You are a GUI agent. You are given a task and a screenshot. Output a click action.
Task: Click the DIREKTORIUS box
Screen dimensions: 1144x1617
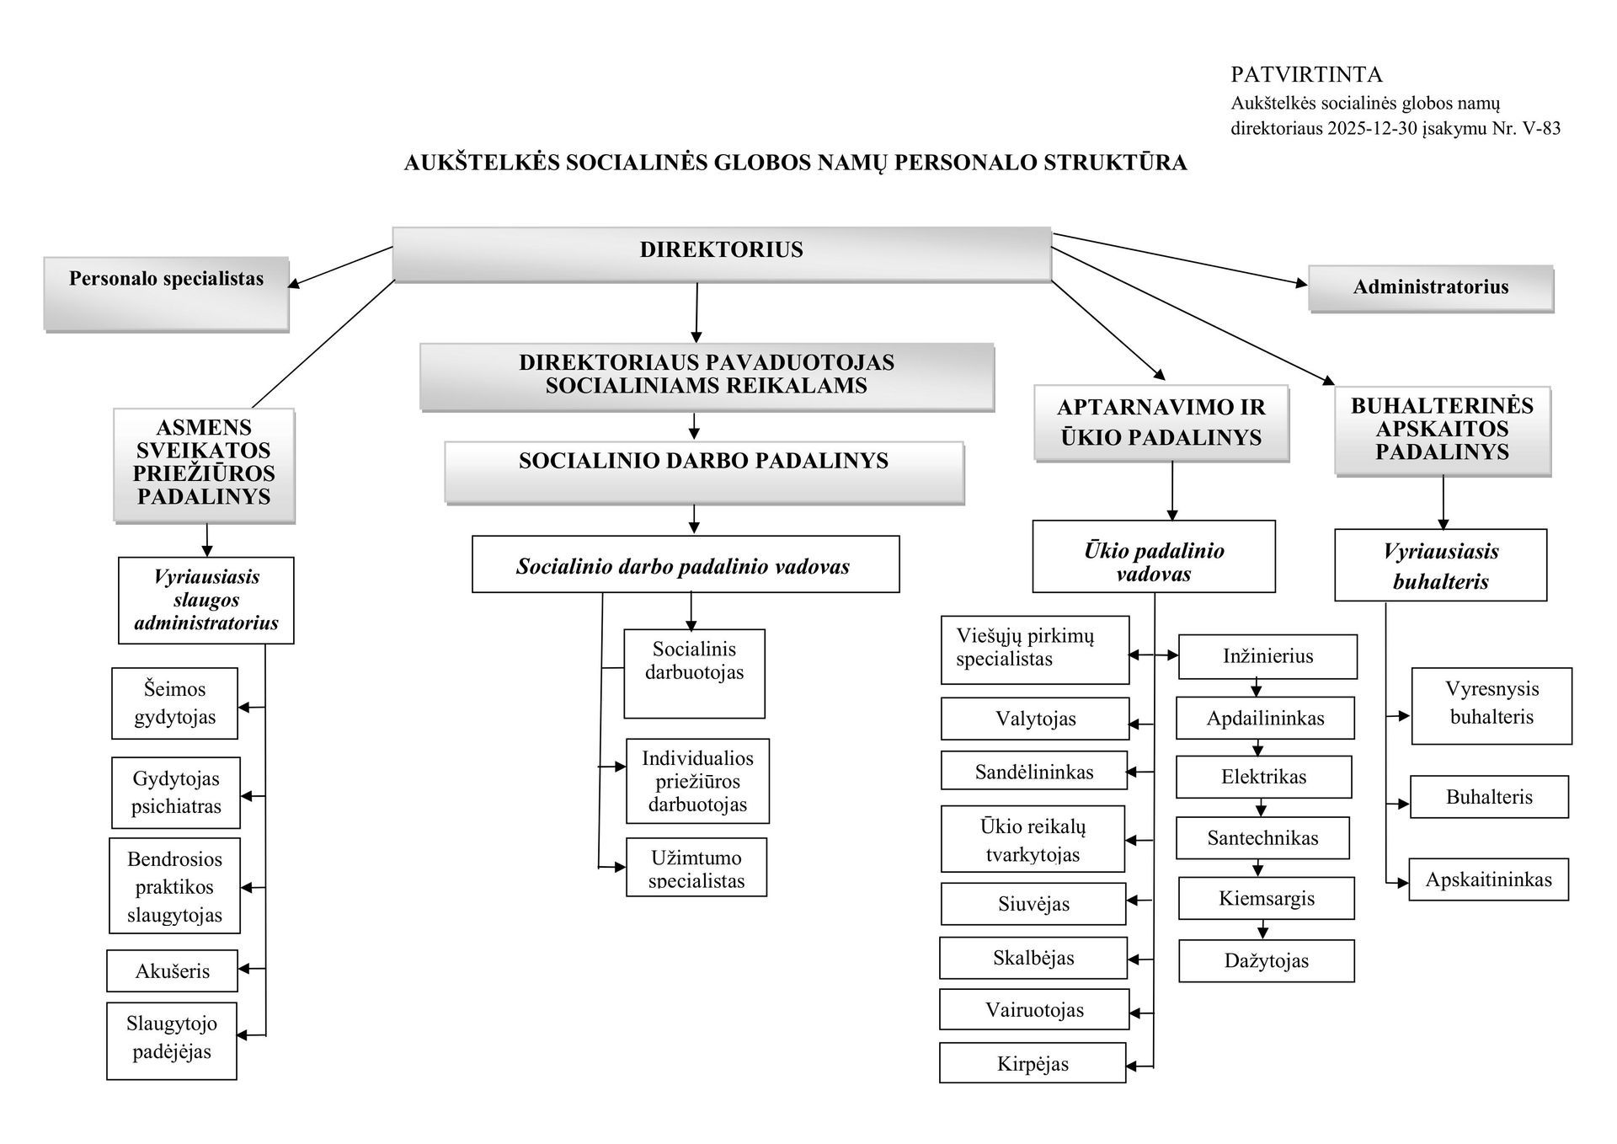722,253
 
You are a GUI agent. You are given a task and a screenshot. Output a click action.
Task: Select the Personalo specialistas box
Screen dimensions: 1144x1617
166,293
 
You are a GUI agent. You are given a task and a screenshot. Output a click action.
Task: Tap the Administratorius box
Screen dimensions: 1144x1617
1430,288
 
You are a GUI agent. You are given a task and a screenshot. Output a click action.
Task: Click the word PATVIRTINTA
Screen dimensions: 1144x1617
1306,75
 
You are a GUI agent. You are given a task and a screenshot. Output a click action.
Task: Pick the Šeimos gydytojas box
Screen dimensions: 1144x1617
174,703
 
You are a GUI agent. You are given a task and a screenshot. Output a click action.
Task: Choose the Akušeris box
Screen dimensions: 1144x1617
172,970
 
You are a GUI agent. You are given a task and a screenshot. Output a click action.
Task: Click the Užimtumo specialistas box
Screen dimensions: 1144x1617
696,867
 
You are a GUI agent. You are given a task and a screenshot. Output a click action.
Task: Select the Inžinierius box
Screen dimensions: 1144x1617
1267,656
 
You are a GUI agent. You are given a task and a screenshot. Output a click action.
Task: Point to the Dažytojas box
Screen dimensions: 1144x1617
1266,960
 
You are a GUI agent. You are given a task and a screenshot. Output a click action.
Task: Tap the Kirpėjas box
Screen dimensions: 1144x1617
1033,1063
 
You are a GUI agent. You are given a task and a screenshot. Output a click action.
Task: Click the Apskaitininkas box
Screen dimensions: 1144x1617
1488,879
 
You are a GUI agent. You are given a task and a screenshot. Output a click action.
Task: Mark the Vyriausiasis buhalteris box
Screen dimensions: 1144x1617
1440,565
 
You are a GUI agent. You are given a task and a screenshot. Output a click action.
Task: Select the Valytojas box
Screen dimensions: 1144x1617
1035,719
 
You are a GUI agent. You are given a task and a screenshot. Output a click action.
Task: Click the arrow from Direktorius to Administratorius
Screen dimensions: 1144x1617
1179,259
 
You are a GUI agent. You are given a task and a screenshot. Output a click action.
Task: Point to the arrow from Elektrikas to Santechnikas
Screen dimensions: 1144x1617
1261,808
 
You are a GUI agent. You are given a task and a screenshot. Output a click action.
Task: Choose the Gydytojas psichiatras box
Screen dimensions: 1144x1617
175,792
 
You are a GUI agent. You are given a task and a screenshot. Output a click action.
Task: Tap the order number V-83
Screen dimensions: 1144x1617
1540,129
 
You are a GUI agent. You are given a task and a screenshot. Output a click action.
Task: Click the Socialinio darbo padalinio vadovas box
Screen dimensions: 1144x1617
686,564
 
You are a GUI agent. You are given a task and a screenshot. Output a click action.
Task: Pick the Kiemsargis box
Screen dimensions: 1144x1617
1266,898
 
